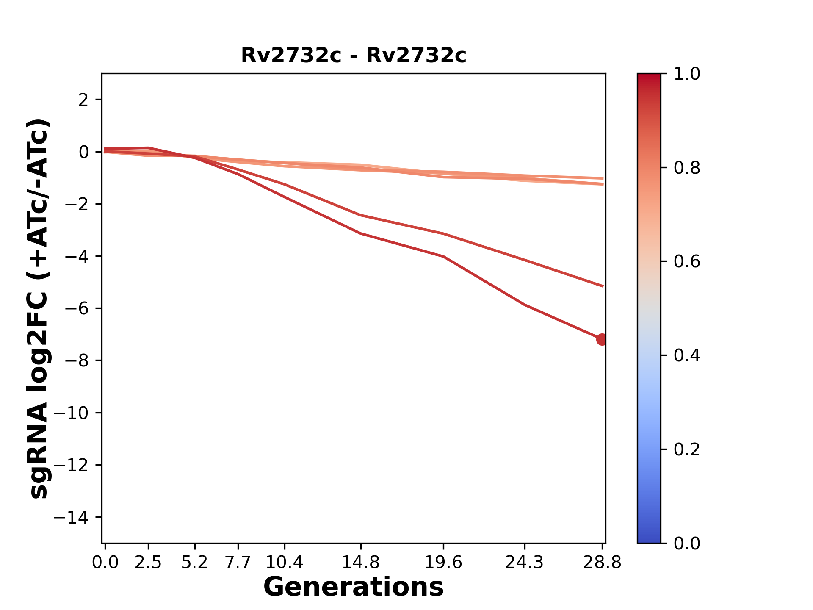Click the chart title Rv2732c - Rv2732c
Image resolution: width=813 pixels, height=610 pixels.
(354, 55)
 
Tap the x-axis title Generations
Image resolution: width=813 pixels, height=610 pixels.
(354, 587)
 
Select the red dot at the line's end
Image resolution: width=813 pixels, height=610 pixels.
(601, 339)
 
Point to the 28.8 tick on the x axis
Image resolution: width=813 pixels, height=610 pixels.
(602, 563)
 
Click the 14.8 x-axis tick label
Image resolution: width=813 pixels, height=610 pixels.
(360, 563)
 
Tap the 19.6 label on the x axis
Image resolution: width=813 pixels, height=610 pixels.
(443, 563)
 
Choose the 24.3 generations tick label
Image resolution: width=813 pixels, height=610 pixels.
(525, 563)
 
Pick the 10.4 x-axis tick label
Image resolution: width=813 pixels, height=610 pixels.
(284, 563)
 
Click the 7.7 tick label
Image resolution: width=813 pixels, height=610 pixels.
(238, 563)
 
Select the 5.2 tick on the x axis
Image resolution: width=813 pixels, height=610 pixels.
(194, 563)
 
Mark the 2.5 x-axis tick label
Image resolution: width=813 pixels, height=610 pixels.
(148, 563)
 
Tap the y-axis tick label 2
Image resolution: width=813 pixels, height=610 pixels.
(83, 100)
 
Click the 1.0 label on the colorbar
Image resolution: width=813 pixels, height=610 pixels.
(687, 74)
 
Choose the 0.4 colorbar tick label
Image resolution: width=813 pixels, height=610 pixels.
(687, 355)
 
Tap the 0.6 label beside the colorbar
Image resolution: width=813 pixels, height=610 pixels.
(687, 262)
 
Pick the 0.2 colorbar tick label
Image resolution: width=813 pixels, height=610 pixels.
(687, 449)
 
